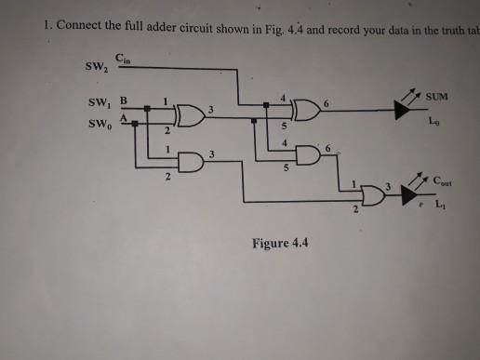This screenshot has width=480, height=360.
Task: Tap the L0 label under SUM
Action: [x=433, y=122]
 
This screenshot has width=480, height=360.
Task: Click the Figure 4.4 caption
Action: [x=279, y=245]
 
